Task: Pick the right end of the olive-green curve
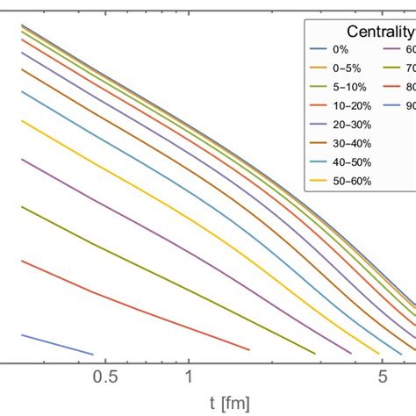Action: pos(315,354)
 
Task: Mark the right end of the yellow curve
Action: pos(379,354)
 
